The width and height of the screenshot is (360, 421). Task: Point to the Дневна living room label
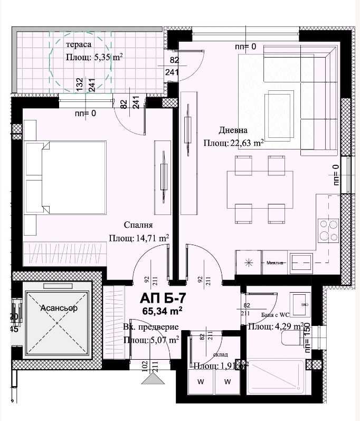click(233, 130)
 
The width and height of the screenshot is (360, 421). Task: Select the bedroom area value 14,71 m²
click(139, 238)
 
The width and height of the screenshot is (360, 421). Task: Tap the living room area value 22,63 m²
click(234, 143)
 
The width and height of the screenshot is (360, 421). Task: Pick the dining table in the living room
click(260, 189)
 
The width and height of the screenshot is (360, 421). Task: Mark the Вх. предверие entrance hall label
click(151, 327)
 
